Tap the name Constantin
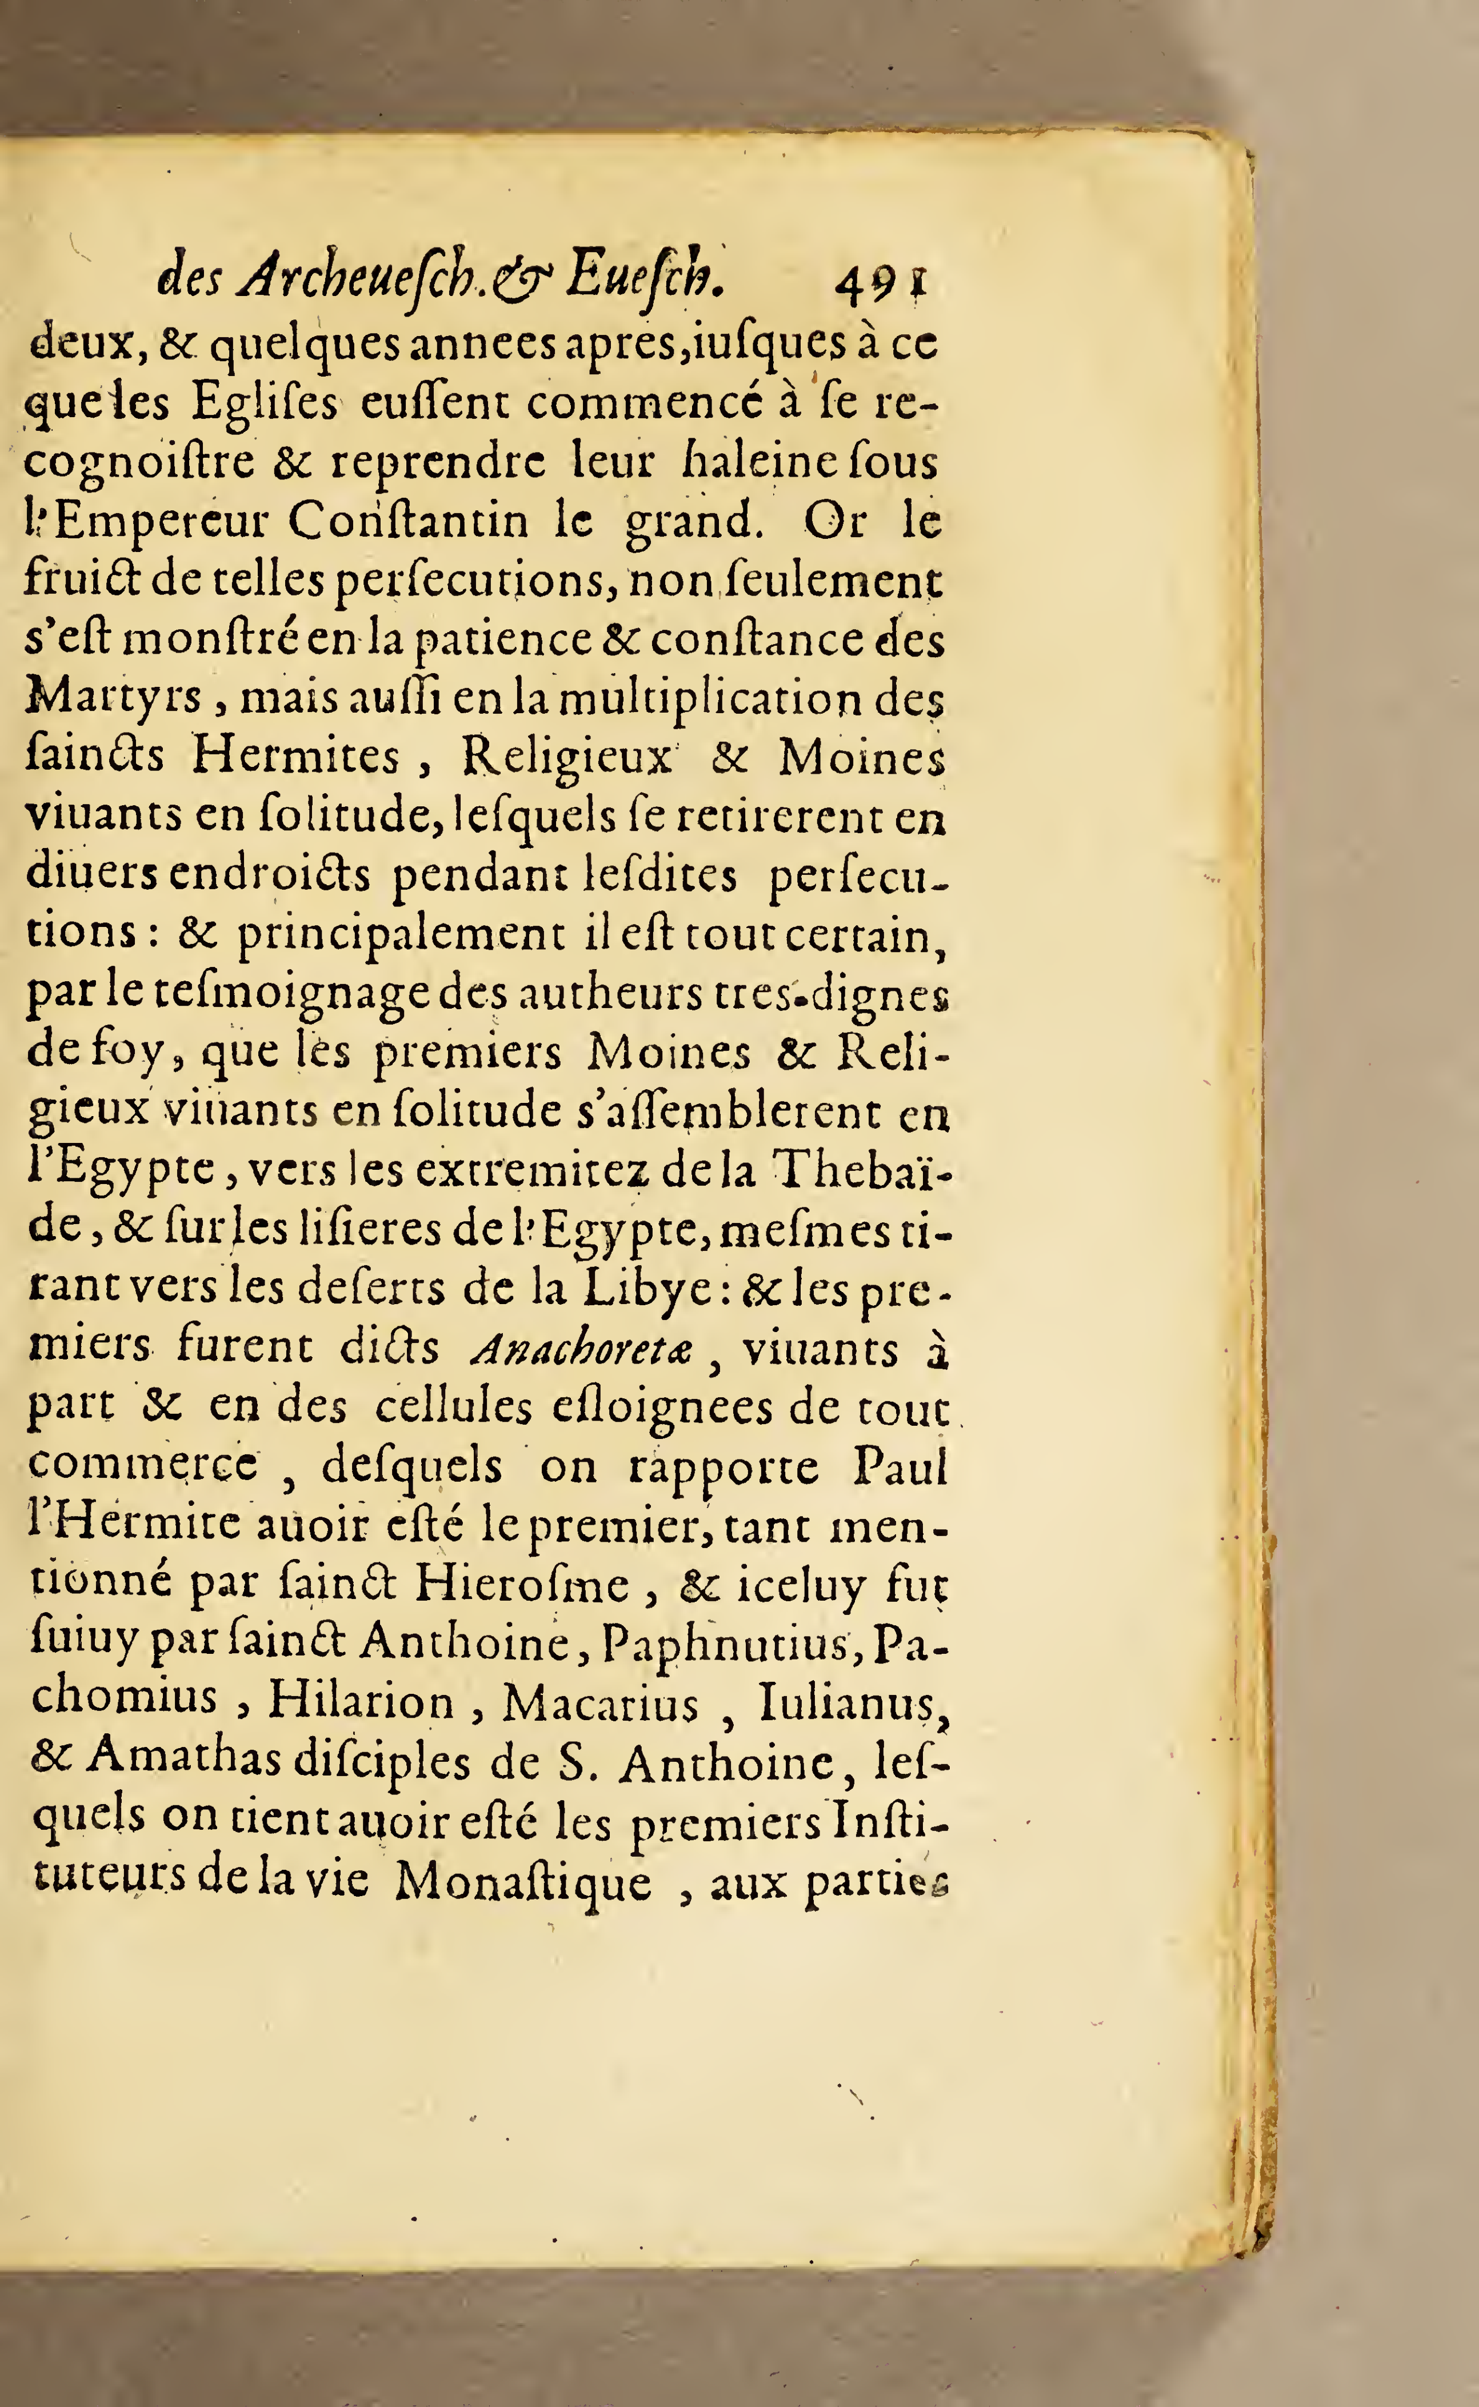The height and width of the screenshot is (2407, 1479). (409, 521)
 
